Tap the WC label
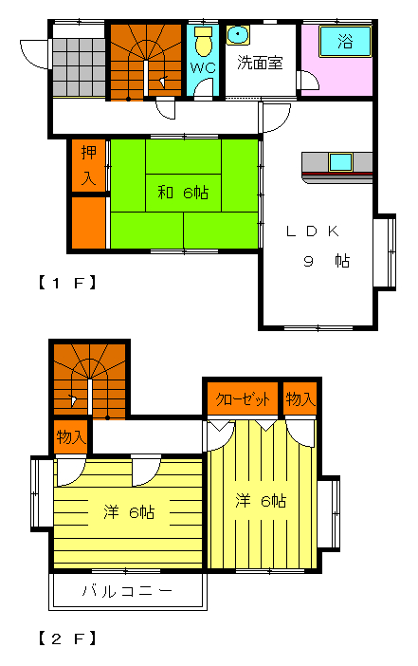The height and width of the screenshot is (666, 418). (x=203, y=68)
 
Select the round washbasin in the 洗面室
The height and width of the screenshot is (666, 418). (x=238, y=35)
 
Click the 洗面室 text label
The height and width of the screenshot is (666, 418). (x=260, y=63)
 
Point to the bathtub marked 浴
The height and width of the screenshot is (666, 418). (x=345, y=41)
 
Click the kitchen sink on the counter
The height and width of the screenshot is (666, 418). (x=341, y=162)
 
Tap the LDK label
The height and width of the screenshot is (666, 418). (x=313, y=231)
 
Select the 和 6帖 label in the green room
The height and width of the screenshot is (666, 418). (x=183, y=193)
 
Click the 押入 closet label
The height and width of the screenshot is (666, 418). (x=88, y=165)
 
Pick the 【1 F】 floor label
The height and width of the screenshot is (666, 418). (x=67, y=283)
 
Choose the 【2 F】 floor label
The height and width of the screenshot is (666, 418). (x=67, y=638)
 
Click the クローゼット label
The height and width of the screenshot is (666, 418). (x=243, y=399)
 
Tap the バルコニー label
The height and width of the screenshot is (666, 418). (x=127, y=591)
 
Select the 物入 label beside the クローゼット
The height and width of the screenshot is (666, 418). (x=300, y=398)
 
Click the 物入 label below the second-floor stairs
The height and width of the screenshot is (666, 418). (x=71, y=436)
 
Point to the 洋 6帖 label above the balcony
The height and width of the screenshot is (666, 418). (x=129, y=512)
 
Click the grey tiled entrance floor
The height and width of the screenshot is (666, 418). (x=79, y=67)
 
